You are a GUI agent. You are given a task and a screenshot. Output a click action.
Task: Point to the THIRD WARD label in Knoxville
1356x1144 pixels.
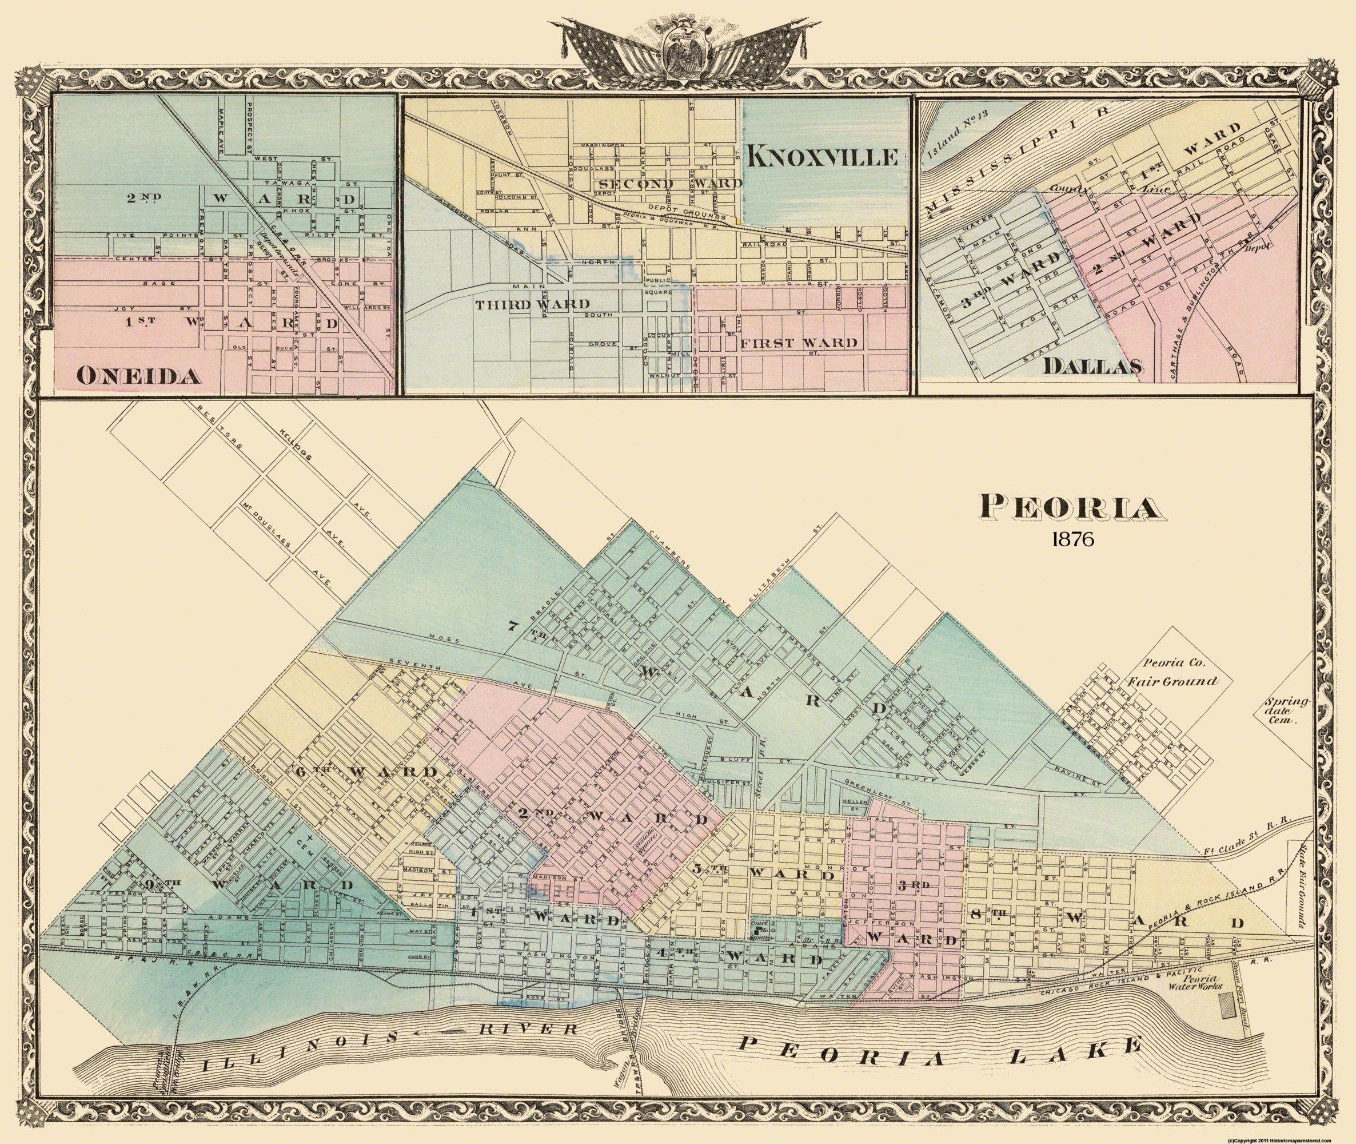point(532,304)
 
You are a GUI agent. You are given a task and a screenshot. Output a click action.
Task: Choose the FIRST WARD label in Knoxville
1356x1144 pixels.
point(799,343)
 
